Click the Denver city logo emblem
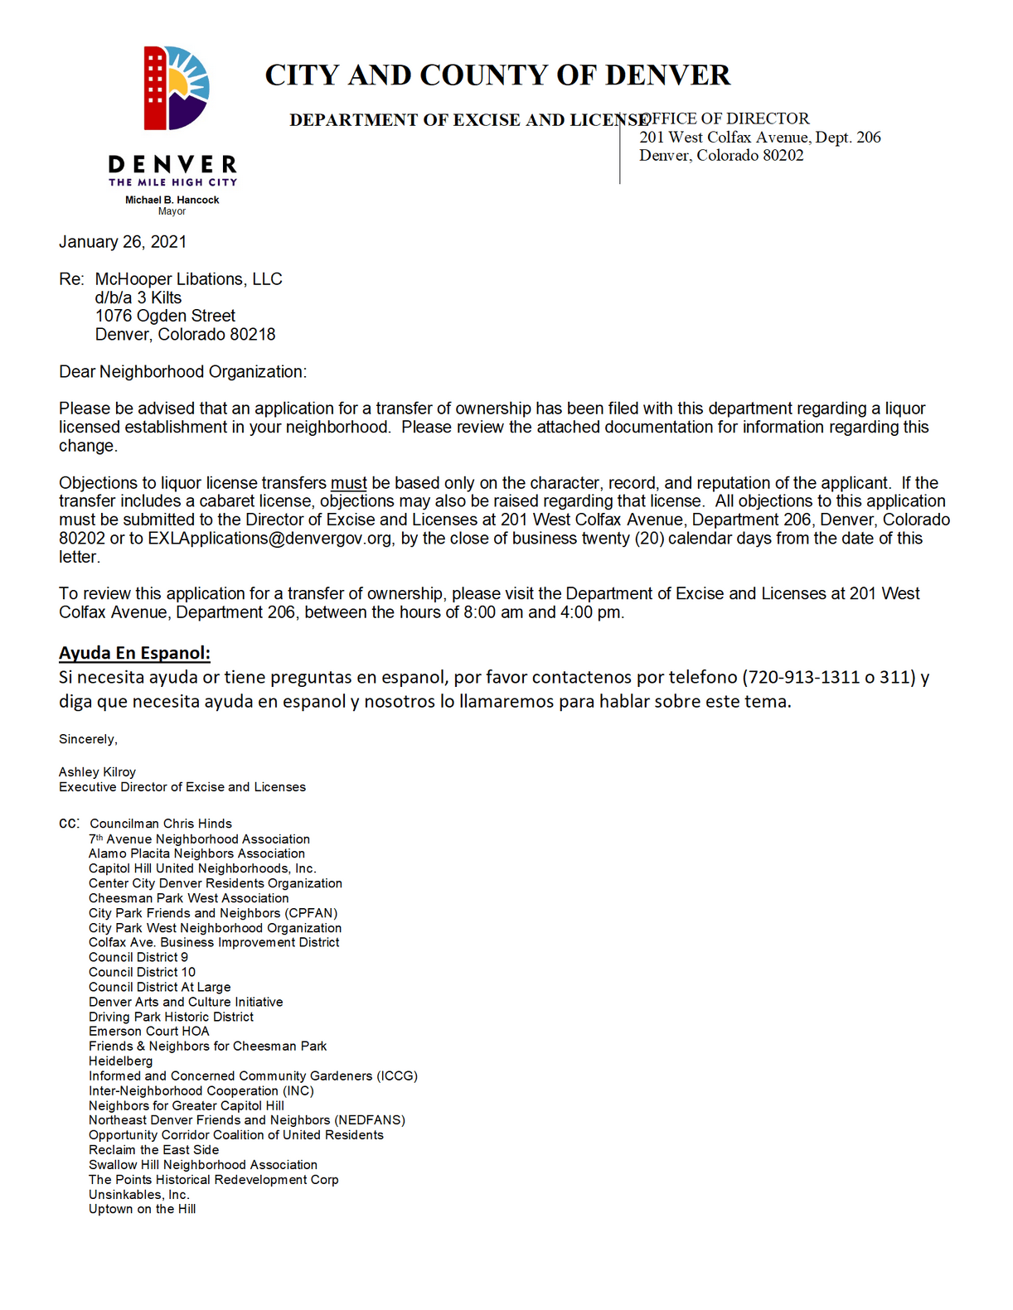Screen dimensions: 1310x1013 (177, 89)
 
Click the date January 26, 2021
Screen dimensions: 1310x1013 (123, 242)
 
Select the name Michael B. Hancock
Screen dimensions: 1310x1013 (172, 200)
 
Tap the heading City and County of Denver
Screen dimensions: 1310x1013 (497, 75)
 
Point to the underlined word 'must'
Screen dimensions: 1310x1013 (349, 483)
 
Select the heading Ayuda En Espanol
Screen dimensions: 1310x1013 (134, 653)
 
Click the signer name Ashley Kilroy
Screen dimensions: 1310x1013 (97, 772)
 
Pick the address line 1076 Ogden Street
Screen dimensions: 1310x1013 (165, 316)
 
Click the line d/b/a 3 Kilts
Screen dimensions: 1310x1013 (138, 297)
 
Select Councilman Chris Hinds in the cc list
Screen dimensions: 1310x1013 (161, 824)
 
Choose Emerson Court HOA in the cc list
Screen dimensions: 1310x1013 (149, 1032)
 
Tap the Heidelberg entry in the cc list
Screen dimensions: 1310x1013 (121, 1061)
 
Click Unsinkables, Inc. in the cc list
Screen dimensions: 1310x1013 (139, 1195)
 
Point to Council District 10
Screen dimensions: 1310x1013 (143, 972)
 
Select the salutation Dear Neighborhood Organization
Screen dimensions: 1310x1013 (182, 372)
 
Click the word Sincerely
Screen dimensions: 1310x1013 (88, 739)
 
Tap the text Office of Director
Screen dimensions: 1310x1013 (726, 118)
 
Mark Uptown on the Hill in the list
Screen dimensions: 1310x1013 (143, 1210)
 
